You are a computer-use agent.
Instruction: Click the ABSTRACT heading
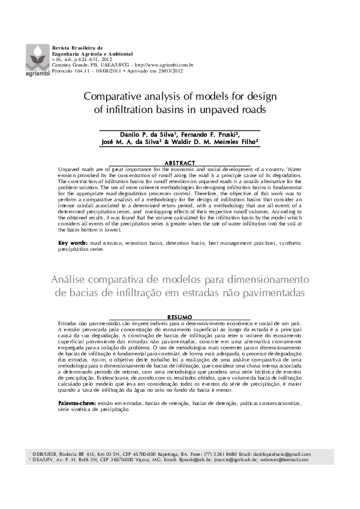point(180,163)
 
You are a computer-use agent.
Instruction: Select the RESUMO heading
point(179,317)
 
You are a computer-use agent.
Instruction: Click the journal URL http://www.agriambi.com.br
point(164,64)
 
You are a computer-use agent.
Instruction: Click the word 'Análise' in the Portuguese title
point(72,280)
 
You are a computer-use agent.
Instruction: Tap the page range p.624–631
point(83,59)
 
